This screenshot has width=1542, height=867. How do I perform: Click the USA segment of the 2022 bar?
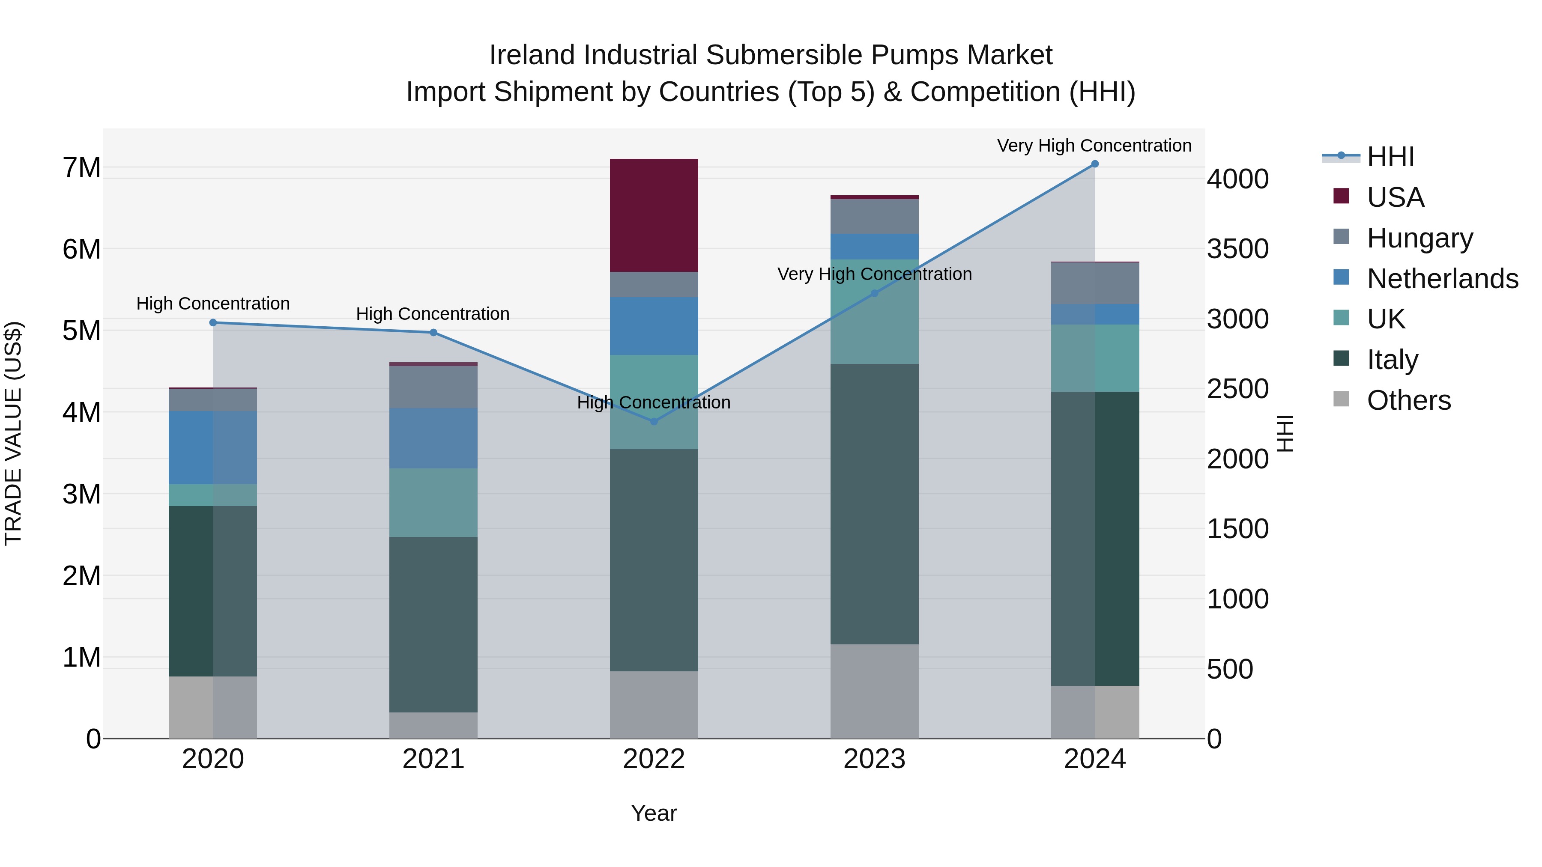point(654,215)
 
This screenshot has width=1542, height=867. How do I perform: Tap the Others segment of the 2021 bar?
point(433,725)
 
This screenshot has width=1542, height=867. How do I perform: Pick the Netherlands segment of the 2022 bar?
point(654,326)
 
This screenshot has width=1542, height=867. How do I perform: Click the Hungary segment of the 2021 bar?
point(433,387)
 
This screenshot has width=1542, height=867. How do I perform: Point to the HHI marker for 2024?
point(1095,164)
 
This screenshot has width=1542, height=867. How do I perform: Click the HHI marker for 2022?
point(654,422)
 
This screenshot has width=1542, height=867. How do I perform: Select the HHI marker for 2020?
point(213,322)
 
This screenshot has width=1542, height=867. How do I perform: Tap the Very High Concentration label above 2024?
point(1094,146)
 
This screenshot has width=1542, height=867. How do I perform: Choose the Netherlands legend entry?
point(1443,279)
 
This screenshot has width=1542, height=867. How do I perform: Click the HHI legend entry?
point(1390,157)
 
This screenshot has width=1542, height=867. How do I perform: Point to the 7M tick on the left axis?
point(81,167)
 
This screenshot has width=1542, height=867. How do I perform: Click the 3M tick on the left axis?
point(81,494)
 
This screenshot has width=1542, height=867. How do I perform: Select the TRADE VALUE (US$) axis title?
point(13,433)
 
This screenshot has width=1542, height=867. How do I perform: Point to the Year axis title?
point(654,813)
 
